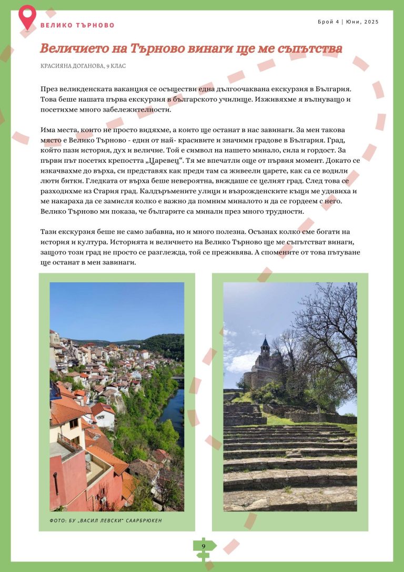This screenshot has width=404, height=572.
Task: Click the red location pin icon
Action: [27, 16]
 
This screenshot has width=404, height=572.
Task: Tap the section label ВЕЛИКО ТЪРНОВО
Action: [77, 25]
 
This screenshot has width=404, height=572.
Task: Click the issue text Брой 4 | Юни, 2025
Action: [348, 22]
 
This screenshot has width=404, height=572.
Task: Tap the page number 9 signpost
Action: [204, 547]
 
